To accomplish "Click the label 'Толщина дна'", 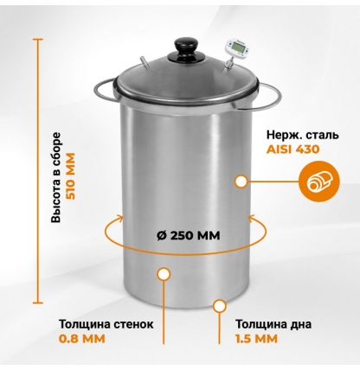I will pyautogui.click(x=271, y=325).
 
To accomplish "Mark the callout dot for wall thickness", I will pyautogui.click(x=161, y=275).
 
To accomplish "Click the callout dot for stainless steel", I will pyautogui.click(x=241, y=181).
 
